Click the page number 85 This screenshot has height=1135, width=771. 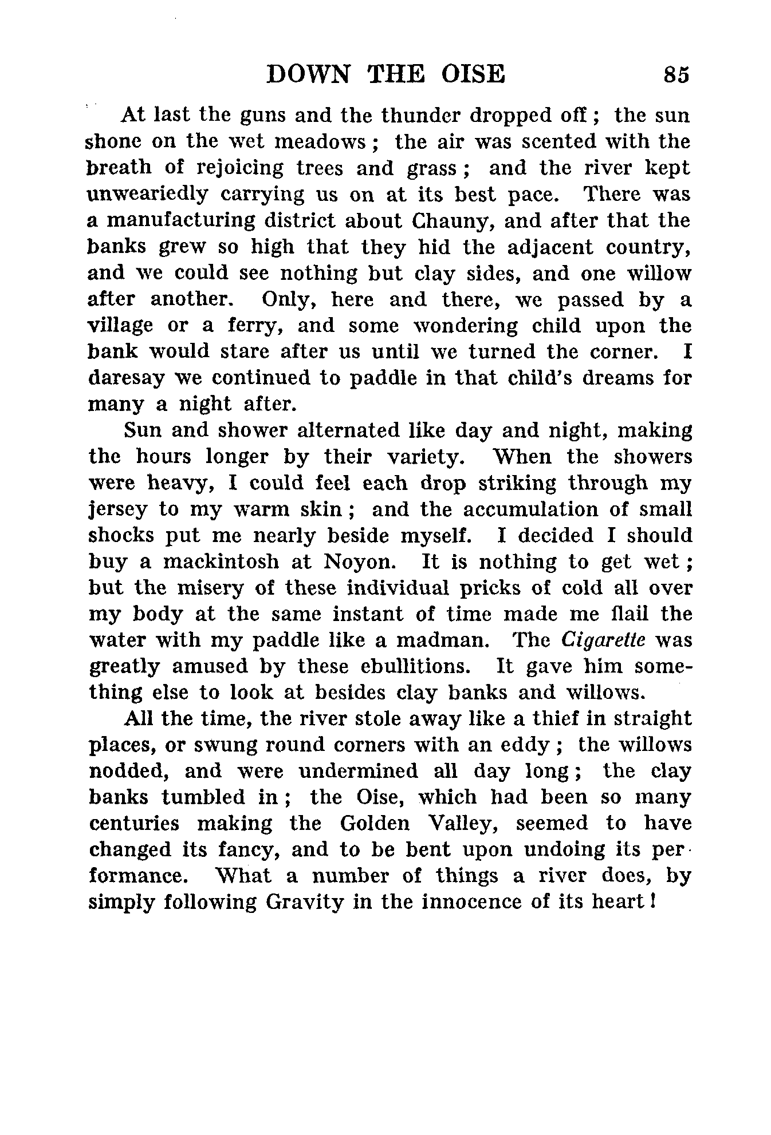tap(676, 75)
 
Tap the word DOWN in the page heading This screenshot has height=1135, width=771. tap(308, 75)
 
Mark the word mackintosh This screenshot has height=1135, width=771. tap(221, 562)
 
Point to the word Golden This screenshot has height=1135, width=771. tap(375, 824)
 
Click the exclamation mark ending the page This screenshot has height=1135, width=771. tap(652, 903)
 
